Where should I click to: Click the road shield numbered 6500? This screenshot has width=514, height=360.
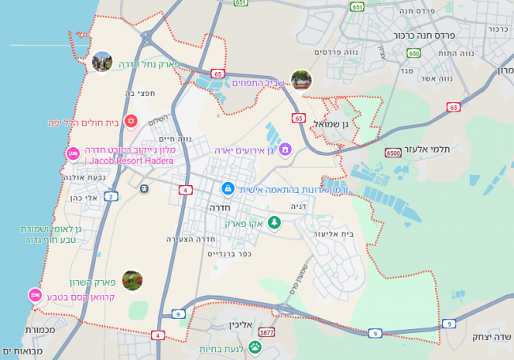tap(393, 153)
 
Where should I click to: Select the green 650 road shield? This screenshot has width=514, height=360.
tap(414, 54)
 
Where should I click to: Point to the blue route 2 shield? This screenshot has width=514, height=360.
tap(111, 195)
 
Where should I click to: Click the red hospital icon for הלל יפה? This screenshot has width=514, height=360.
tap(131, 122)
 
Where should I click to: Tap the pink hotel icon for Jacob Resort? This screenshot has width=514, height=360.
tap(73, 153)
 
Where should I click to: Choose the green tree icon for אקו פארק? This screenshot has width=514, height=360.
tap(274, 222)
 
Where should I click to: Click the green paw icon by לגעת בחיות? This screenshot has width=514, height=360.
tap(255, 347)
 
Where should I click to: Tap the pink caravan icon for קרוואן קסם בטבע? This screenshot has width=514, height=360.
tap(35, 296)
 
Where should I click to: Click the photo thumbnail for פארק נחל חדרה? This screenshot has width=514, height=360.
tap(101, 62)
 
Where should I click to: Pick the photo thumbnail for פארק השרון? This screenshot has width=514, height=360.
tap(132, 280)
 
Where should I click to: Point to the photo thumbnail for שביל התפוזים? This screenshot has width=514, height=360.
tap(301, 80)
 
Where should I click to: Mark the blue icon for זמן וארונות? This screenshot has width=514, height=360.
tap(228, 188)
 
